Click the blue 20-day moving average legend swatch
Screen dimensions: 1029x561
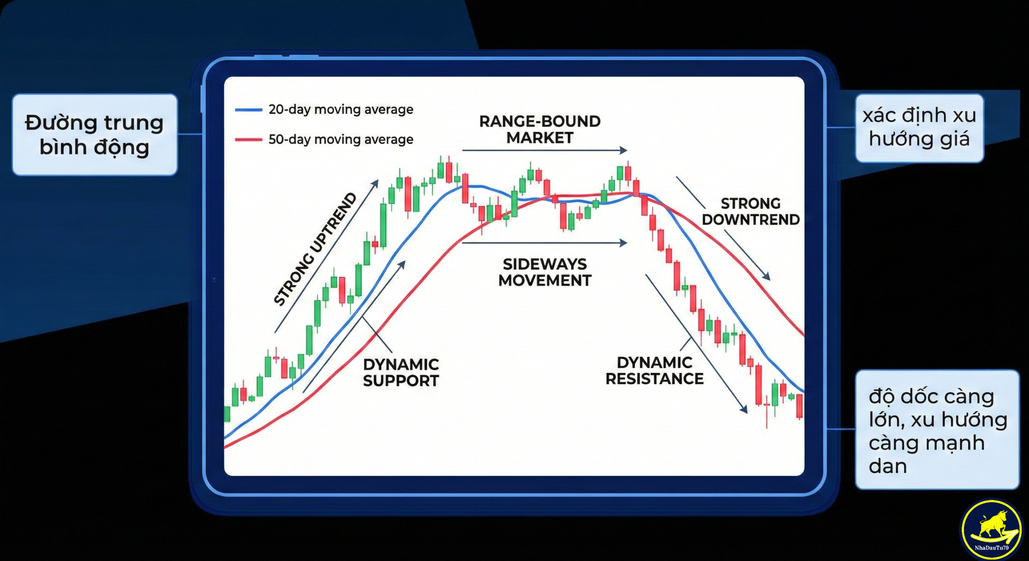pos(248,110)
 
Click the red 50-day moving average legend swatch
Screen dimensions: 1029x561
pos(248,140)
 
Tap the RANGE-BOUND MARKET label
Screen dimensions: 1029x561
pos(540,129)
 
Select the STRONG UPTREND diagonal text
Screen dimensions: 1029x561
pos(315,250)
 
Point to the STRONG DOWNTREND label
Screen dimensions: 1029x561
pos(750,212)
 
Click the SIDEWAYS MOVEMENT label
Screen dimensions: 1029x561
pos(545,272)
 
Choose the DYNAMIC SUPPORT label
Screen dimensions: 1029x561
pos(401,373)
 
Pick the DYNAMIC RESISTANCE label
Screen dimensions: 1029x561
pos(654,371)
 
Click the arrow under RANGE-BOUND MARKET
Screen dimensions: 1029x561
pos(545,150)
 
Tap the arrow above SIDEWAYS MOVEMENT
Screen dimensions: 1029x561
pos(545,243)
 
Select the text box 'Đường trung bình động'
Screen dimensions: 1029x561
pos(95,135)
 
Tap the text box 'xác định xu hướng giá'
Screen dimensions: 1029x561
pos(919,128)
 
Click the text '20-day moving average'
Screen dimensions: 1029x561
pos(341,110)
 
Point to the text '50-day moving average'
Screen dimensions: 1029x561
pos(341,139)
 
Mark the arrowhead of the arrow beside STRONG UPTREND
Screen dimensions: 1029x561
pos(375,183)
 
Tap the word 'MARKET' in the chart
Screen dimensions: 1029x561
pos(540,138)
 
